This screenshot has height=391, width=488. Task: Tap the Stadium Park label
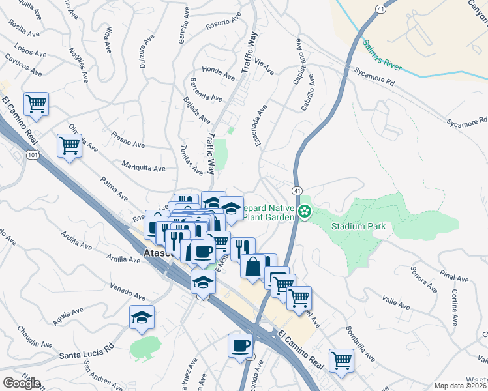(x=358, y=227)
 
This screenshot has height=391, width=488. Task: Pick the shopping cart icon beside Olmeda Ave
(x=69, y=145)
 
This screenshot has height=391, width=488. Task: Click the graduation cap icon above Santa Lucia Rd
(x=142, y=317)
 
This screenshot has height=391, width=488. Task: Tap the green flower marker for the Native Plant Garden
(x=304, y=210)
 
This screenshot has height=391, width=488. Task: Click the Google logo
(x=22, y=383)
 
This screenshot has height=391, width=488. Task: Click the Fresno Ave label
(x=126, y=139)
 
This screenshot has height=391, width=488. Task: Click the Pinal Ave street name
(x=454, y=278)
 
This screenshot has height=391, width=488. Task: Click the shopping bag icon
(x=252, y=266)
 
